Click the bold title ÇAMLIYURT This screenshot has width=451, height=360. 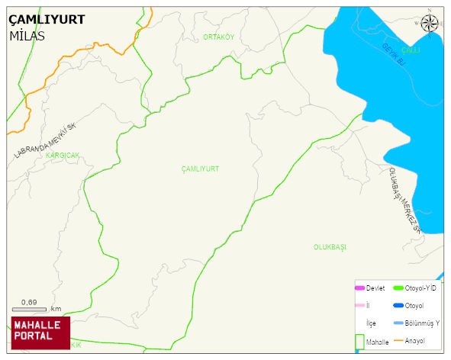point(46,20)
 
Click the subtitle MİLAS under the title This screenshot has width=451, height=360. point(27,36)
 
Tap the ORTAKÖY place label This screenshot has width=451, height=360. point(218,37)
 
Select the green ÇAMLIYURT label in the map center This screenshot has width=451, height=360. point(200,168)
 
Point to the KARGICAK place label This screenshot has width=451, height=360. point(63,155)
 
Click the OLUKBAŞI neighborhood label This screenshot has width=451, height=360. point(330,247)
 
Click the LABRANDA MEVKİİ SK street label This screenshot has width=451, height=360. point(46,140)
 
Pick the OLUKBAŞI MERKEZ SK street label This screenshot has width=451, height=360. point(404,201)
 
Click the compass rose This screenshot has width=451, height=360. point(430,23)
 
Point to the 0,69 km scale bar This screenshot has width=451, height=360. point(35,308)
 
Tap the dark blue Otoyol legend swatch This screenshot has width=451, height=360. point(398,305)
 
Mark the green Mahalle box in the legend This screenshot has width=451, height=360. point(359,342)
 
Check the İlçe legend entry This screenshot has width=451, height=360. point(371,323)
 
